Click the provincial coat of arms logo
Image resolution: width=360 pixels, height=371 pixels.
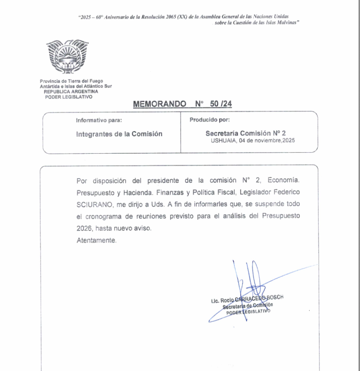(62, 58)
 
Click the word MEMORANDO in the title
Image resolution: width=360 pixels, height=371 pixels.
(160, 104)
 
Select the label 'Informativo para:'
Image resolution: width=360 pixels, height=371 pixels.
(99, 120)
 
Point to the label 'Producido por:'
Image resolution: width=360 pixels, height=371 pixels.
(210, 120)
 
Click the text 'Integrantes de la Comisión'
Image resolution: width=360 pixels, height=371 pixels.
(119, 134)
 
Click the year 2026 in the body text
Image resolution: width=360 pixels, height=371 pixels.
(86, 229)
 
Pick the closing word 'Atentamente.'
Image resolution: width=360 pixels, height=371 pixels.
(97, 240)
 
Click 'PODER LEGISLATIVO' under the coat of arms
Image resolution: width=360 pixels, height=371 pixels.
(64, 97)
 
